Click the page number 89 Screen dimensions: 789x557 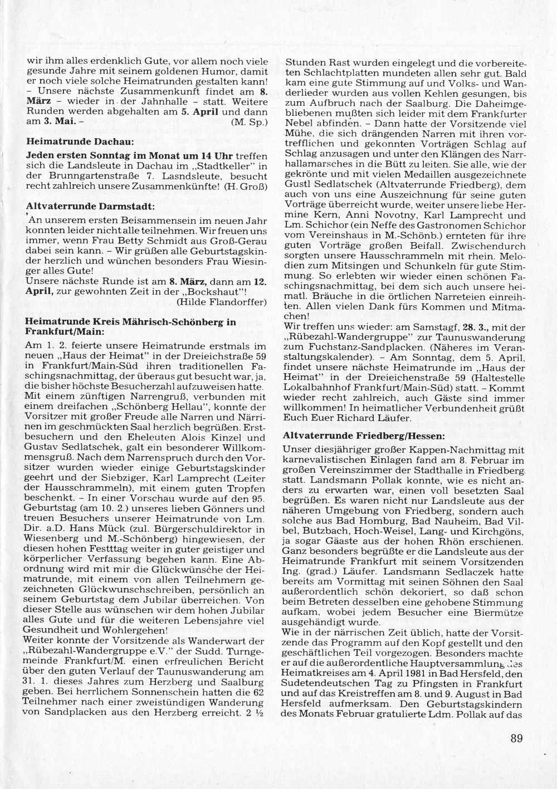[x=516, y=738]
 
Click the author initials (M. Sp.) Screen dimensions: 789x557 [x=252, y=121]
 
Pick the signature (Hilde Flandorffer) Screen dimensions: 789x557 [x=221, y=302]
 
